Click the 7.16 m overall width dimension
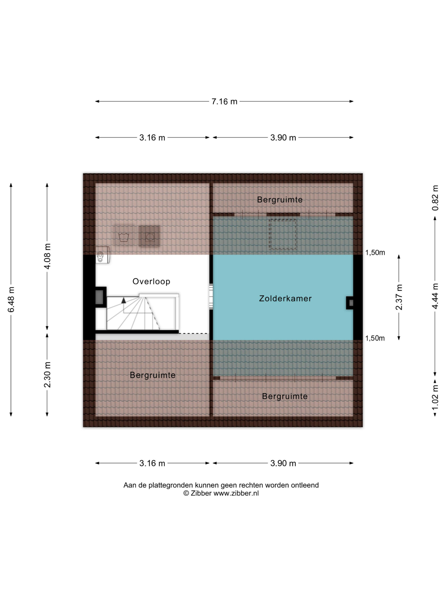(x=224, y=102)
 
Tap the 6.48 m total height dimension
(x=11, y=299)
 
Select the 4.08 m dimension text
(x=47, y=256)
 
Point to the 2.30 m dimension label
(x=47, y=375)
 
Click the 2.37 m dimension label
(x=399, y=297)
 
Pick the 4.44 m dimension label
(x=435, y=296)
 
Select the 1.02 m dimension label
(x=435, y=397)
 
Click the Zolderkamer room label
(x=285, y=299)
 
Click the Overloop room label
(x=151, y=282)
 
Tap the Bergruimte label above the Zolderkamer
(x=280, y=200)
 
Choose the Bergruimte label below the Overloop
(x=153, y=375)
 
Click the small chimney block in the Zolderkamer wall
(x=350, y=303)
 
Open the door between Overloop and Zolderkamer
(x=211, y=296)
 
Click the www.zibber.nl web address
(x=236, y=493)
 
